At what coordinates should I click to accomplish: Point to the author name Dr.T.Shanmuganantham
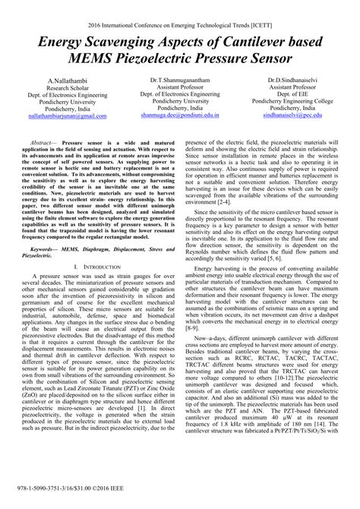tap(181, 80)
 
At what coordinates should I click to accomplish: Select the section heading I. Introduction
tap(96, 267)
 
